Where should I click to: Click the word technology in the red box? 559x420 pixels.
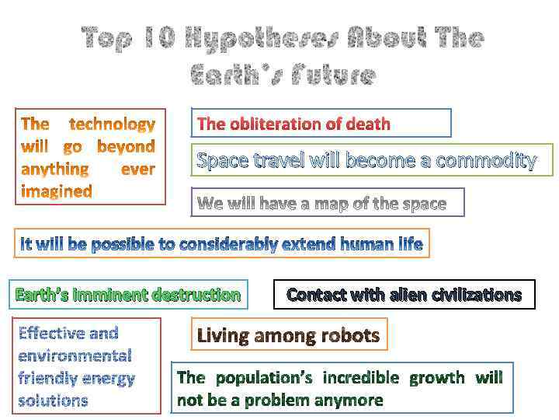pos(113,124)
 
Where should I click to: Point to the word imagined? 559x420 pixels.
pos(56,191)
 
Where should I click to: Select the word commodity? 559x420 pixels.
pos(487,161)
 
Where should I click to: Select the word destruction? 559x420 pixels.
pos(196,295)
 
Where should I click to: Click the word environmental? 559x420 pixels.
pos(75,355)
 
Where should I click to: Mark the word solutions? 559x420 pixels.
pos(53,401)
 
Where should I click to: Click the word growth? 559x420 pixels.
pos(437,378)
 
